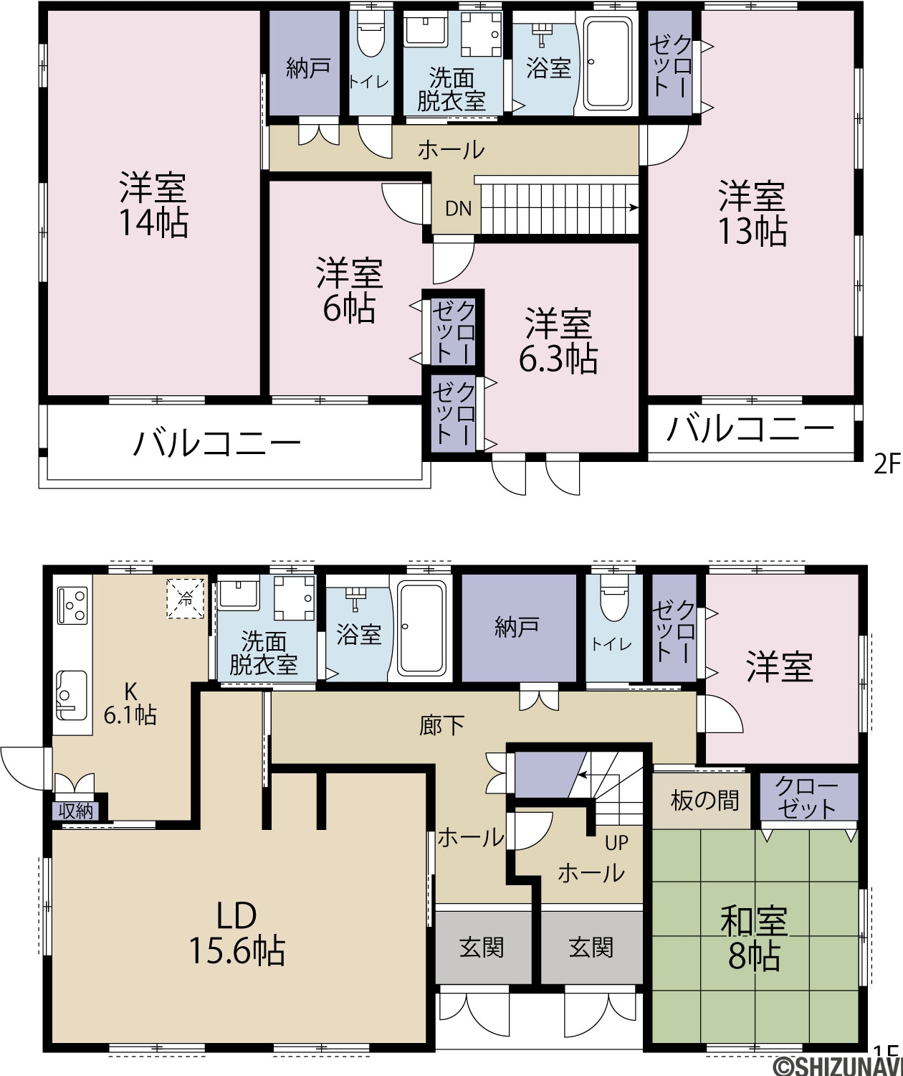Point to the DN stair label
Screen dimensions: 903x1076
click(x=458, y=209)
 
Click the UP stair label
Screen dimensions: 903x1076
click(x=617, y=844)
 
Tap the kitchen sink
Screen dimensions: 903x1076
click(x=72, y=695)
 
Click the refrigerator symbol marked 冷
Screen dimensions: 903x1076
click(x=185, y=598)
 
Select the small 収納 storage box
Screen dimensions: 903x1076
click(x=76, y=811)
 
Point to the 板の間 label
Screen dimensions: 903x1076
click(x=704, y=801)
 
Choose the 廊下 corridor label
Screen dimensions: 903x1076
click(x=441, y=727)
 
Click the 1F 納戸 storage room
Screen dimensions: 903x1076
click(x=518, y=628)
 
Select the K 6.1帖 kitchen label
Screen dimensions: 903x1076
click(x=130, y=702)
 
